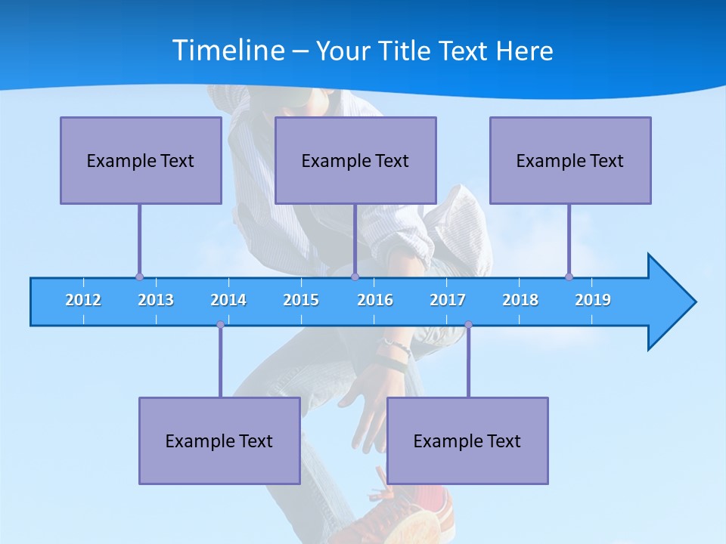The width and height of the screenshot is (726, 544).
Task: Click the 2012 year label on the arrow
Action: [83, 300]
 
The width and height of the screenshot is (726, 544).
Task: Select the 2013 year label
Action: [156, 300]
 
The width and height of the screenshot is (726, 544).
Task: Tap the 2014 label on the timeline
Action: [228, 300]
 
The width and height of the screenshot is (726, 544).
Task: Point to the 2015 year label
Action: [301, 300]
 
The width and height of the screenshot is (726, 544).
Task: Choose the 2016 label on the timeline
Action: [375, 300]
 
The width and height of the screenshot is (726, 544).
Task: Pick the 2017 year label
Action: [448, 300]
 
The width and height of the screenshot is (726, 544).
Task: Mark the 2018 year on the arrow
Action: [520, 300]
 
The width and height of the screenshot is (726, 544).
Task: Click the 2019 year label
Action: [593, 300]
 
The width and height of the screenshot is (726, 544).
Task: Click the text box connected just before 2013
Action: [141, 160]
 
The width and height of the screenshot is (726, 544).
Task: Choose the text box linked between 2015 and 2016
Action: [355, 160]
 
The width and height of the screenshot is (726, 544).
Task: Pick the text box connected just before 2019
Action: [570, 160]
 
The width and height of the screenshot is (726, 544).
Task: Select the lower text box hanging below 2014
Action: [219, 440]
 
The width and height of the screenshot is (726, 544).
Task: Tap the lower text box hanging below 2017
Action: [467, 440]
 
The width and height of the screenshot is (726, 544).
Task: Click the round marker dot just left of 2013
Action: [139, 277]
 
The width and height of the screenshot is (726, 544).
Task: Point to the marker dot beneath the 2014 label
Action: [220, 325]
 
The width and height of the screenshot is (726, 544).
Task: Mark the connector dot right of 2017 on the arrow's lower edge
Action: [468, 325]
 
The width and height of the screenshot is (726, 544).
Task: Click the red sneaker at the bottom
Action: [408, 518]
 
